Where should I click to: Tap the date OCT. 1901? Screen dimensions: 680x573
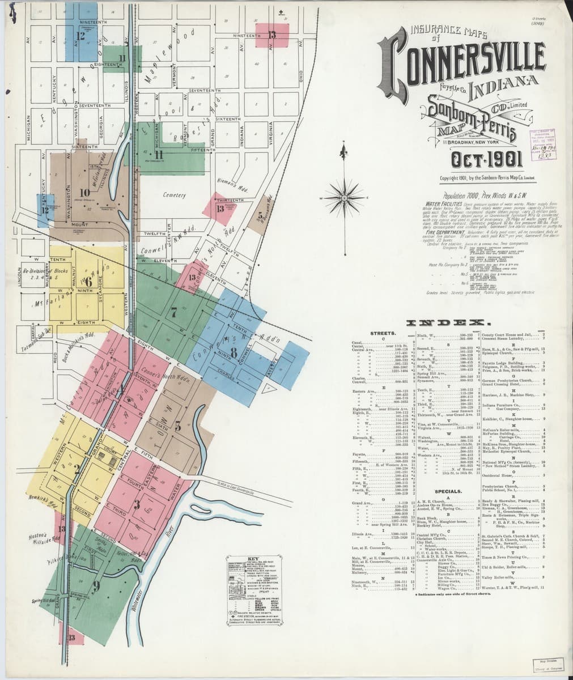[474, 160]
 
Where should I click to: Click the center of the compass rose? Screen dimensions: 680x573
[343, 198]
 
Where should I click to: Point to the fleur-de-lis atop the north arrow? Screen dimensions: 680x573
[343, 151]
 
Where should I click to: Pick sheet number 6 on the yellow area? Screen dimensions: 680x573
[88, 281]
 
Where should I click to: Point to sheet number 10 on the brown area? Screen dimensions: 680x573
[84, 192]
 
